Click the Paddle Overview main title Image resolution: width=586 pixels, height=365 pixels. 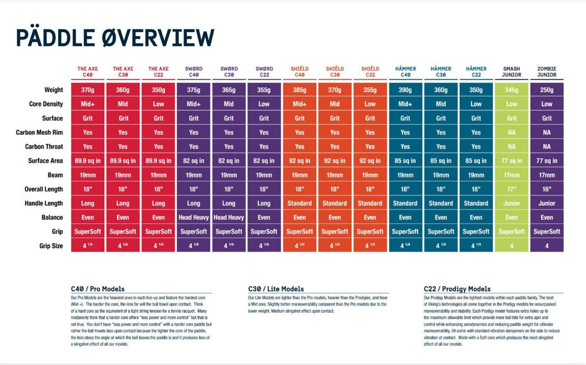(x=115, y=38)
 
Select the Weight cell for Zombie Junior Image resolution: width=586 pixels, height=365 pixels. (x=547, y=90)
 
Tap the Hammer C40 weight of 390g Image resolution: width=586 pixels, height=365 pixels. (x=405, y=90)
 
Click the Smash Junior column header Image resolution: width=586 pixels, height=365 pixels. (x=511, y=72)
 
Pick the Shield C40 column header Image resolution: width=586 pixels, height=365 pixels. (x=299, y=72)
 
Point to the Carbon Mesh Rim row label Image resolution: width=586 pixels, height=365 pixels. (x=39, y=133)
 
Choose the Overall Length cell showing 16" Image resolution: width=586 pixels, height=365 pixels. (x=547, y=189)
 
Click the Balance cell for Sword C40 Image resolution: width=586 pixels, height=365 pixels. (x=194, y=217)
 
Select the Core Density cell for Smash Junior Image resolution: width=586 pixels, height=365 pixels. (x=511, y=104)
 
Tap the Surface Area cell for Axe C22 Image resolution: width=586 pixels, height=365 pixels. (x=158, y=161)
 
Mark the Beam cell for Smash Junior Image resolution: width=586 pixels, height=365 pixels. (x=511, y=175)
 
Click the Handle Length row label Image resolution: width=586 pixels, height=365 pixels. (x=44, y=203)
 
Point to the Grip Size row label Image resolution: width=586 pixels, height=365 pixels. (x=51, y=246)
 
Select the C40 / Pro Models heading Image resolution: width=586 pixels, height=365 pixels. (x=98, y=289)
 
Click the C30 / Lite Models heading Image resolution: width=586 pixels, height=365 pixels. (x=276, y=289)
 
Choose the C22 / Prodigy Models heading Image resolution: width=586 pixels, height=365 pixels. (x=457, y=289)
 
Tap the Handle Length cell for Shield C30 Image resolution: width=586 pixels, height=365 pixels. (x=335, y=203)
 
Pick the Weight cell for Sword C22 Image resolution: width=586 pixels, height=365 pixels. (x=264, y=90)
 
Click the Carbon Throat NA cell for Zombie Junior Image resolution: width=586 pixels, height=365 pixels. (x=547, y=147)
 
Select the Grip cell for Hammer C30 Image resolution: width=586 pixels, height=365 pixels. (x=441, y=232)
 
